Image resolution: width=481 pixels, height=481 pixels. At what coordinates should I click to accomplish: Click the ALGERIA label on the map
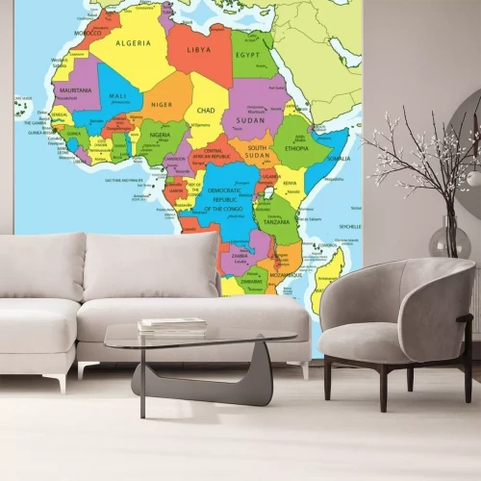pyautogui.click(x=134, y=43)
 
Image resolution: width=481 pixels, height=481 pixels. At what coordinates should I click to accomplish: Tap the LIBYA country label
pyautogui.click(x=199, y=49)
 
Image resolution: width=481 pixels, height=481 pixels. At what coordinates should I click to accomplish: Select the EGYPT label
pyautogui.click(x=248, y=56)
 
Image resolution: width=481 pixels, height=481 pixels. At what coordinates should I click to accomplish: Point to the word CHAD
pyautogui.click(x=206, y=111)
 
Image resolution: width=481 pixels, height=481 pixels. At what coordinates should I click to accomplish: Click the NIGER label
pyautogui.click(x=163, y=105)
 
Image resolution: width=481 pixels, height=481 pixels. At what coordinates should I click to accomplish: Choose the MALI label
pyautogui.click(x=118, y=95)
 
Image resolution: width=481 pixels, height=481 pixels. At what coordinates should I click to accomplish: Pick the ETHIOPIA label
pyautogui.click(x=296, y=148)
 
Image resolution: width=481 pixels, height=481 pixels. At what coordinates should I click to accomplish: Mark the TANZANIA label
pyautogui.click(x=276, y=222)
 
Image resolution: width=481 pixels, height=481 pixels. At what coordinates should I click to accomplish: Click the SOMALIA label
pyautogui.click(x=339, y=159)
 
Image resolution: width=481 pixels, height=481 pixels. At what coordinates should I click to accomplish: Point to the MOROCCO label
pyautogui.click(x=89, y=33)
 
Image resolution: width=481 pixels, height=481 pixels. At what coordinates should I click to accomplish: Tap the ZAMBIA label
pyautogui.click(x=240, y=256)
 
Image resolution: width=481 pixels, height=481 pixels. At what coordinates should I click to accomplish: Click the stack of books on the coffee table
pyautogui.click(x=171, y=325)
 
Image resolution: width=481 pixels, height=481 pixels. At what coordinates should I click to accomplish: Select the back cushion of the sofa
pyautogui.click(x=149, y=266)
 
